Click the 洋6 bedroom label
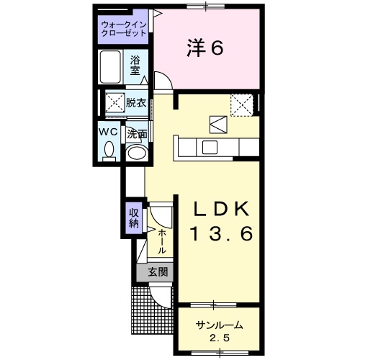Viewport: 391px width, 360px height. point(205,48)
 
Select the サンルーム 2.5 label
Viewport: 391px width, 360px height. point(219,331)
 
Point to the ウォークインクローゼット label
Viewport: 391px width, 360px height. point(124,29)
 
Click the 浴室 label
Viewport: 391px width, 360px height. point(135,66)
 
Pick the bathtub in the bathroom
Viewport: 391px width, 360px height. point(110,67)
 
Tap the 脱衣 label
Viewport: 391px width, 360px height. point(136,103)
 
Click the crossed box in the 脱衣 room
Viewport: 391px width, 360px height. point(115,102)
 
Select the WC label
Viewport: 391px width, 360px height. point(109,132)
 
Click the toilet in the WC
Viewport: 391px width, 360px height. point(109,151)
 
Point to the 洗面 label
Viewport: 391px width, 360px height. point(137,135)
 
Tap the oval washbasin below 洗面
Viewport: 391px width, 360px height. point(136,153)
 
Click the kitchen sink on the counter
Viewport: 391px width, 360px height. point(210,148)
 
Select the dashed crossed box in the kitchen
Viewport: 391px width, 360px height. point(242,105)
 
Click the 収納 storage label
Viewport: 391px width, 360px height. point(134,218)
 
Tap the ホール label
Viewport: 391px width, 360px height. point(162,242)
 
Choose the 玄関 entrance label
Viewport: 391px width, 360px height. point(158,272)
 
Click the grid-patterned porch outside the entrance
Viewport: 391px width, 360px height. point(152,310)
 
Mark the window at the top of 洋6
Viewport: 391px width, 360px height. point(206,6)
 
